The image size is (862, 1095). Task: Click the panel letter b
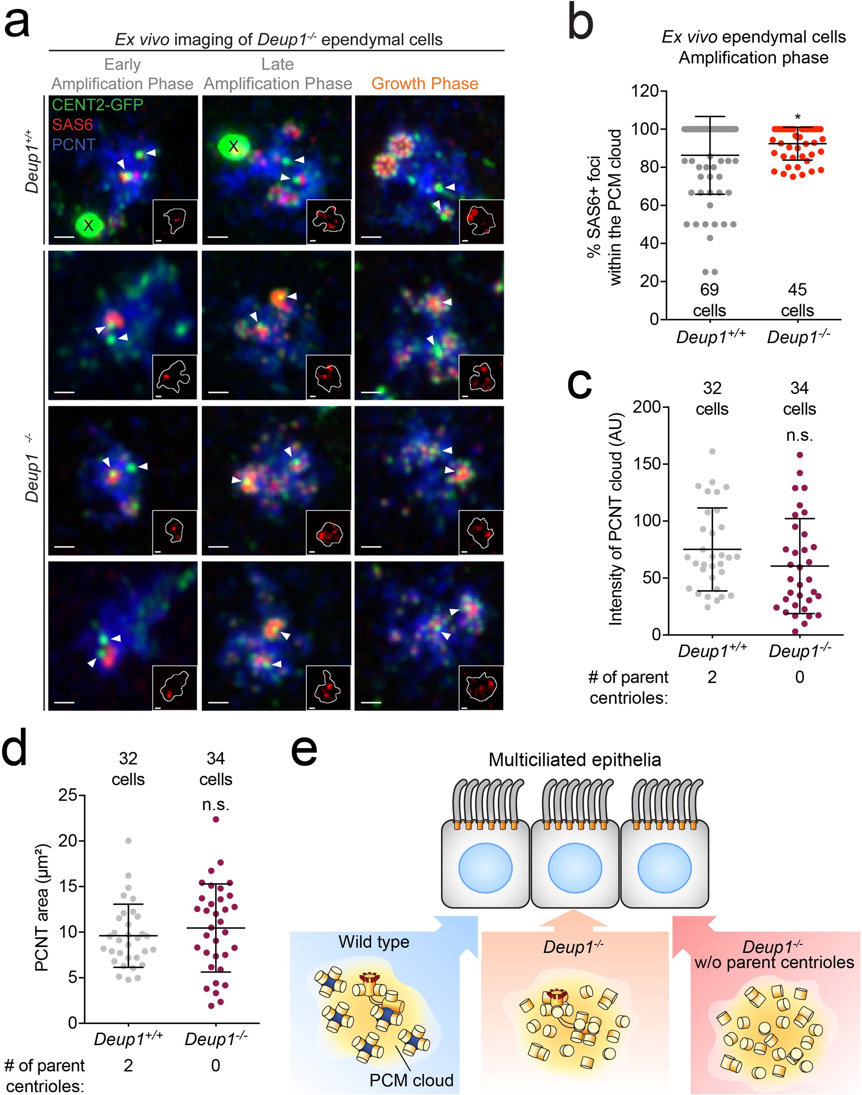580,23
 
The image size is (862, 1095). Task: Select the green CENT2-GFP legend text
97,104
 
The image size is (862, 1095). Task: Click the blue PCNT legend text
74,145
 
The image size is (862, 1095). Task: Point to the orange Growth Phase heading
424,83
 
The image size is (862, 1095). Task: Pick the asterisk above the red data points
797,118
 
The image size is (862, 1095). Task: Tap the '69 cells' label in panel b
709,300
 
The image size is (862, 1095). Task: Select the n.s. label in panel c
799,435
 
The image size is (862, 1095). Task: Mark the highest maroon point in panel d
215,819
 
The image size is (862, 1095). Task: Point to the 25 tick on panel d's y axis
67,795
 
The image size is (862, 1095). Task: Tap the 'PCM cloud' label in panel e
411,1080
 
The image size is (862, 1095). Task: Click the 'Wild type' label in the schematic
374,942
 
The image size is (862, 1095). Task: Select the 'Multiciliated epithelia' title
575,760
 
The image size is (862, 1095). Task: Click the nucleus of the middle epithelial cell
575,869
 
